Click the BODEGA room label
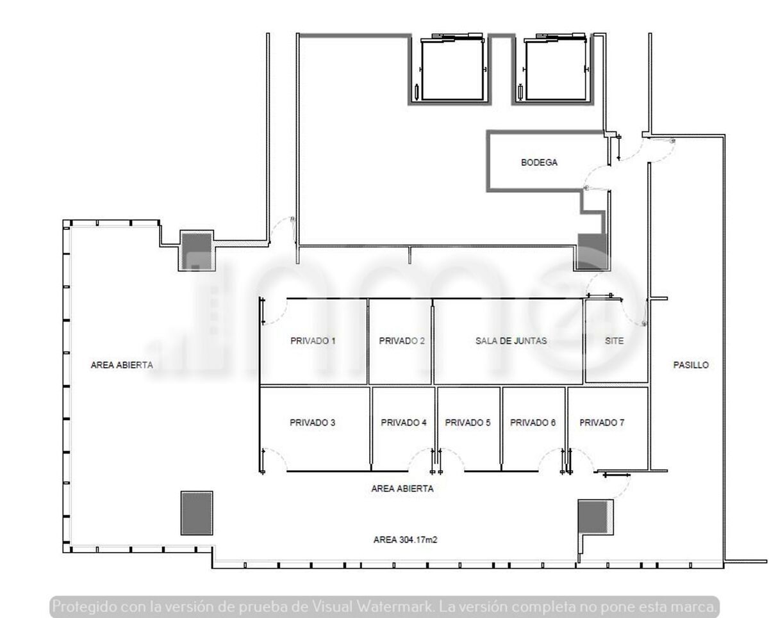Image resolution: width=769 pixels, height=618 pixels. click(x=539, y=163)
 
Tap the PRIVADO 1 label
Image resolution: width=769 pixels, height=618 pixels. click(x=313, y=341)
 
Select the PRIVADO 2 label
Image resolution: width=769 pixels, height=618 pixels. click(x=402, y=341)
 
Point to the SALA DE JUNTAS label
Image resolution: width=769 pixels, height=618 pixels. click(x=511, y=341)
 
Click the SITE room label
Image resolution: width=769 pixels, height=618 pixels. click(x=615, y=341)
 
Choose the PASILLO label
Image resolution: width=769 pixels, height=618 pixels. click(x=691, y=365)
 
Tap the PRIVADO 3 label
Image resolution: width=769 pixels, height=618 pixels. click(x=312, y=423)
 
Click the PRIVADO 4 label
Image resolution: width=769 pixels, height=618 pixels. click(x=404, y=423)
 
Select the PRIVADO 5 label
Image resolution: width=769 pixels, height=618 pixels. click(x=467, y=423)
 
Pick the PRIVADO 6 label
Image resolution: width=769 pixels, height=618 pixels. click(x=533, y=423)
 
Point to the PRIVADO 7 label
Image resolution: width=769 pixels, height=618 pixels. click(x=602, y=423)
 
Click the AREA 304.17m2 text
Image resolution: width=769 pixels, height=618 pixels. click(x=405, y=539)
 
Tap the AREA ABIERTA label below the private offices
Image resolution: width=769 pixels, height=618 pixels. click(x=402, y=489)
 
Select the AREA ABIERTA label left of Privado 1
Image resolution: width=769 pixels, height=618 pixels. click(x=122, y=365)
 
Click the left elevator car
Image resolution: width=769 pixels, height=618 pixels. click(x=452, y=69)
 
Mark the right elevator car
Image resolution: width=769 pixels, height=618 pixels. click(x=556, y=69)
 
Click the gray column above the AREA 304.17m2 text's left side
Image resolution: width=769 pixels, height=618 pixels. click(x=197, y=513)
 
